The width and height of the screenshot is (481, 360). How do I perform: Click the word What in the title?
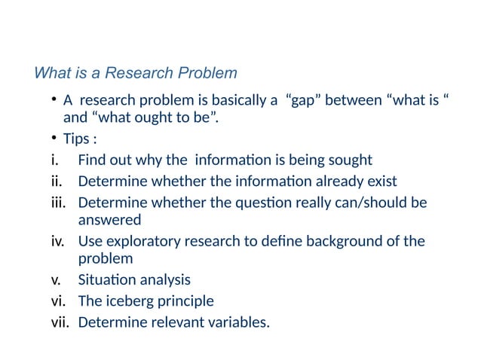50,74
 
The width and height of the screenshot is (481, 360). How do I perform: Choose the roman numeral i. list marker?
55,160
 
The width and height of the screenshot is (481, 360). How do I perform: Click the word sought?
352,160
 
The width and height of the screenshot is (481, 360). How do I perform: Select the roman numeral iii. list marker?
59,203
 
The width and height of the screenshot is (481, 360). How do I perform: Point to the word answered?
109,220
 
